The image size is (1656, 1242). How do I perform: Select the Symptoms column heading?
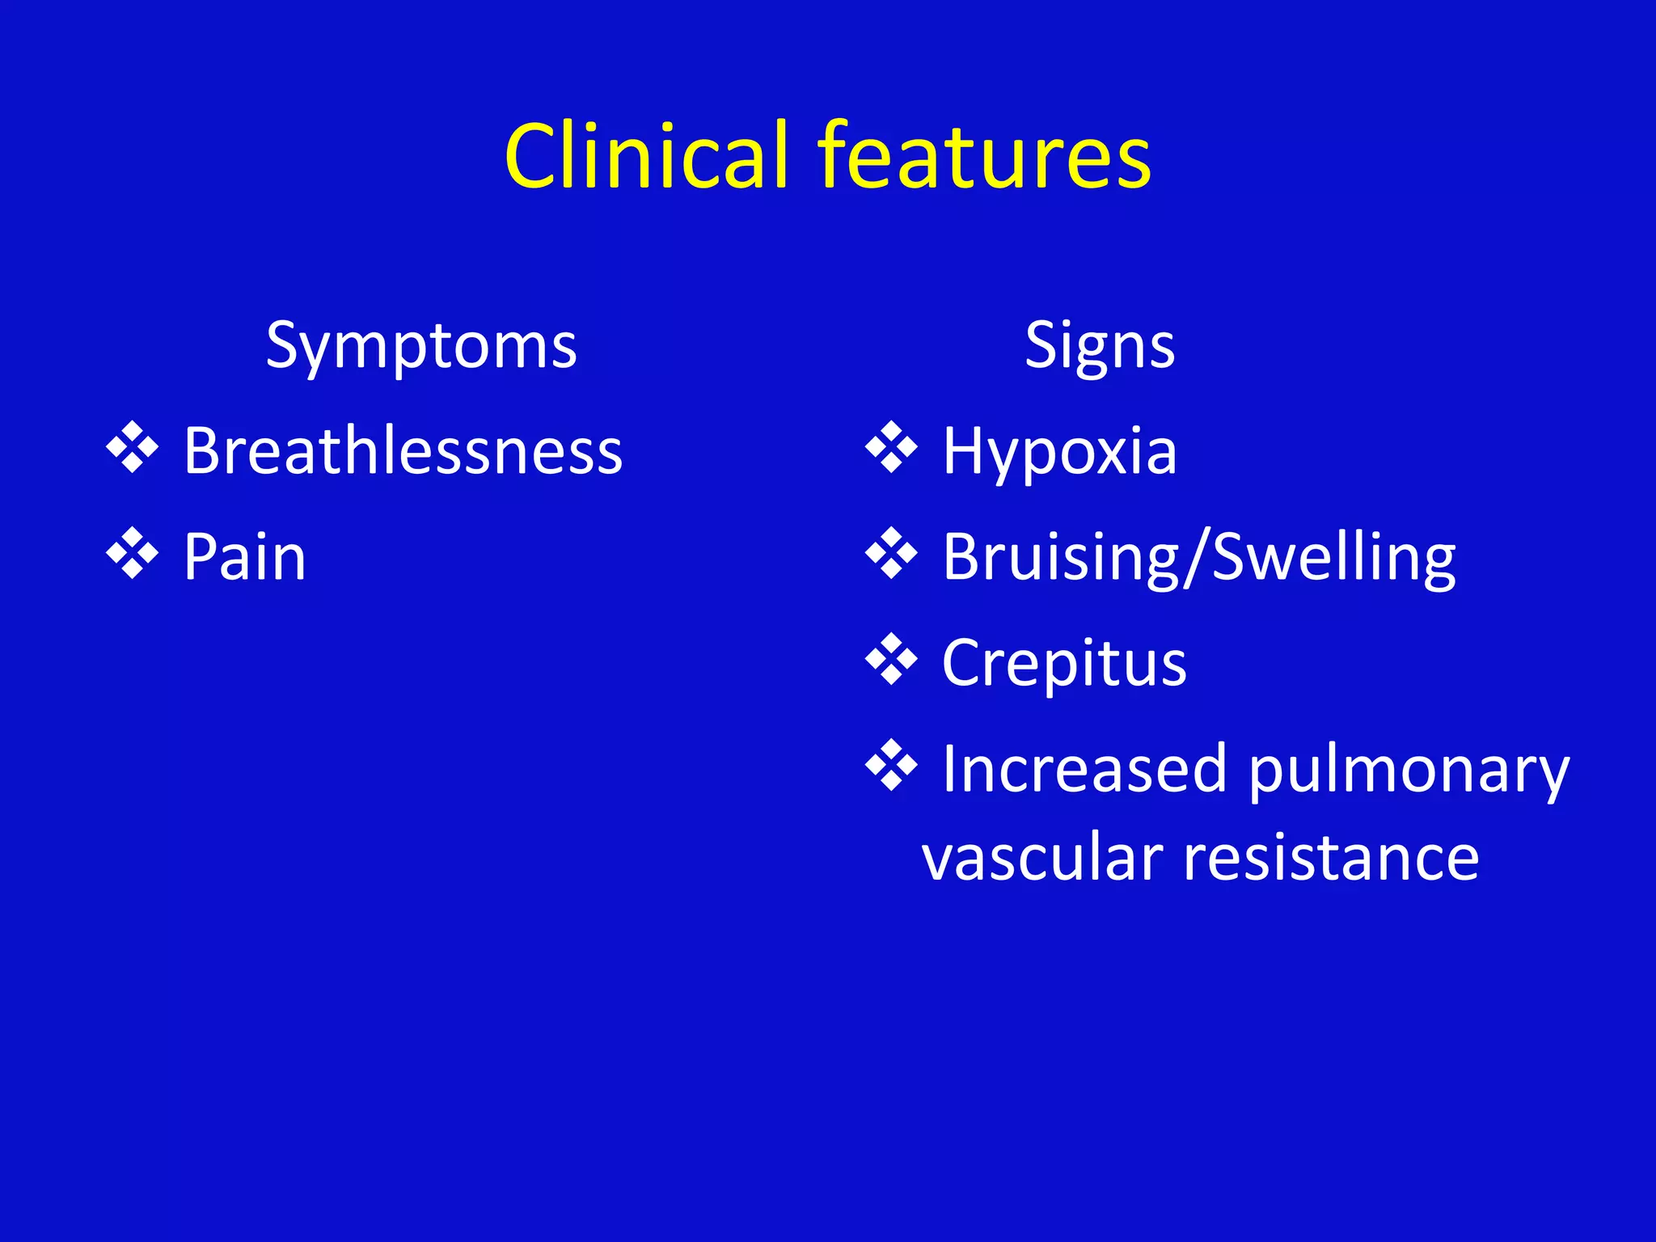(x=421, y=346)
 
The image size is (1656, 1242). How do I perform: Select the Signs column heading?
(x=1100, y=346)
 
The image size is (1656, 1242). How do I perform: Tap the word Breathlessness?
(x=403, y=451)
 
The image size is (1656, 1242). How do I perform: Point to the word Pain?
(x=245, y=557)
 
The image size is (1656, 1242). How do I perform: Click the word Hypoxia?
(x=1059, y=451)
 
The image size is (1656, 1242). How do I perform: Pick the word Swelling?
(x=1334, y=557)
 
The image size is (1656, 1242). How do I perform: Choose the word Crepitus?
(x=1064, y=663)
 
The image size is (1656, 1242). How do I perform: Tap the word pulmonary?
(x=1409, y=769)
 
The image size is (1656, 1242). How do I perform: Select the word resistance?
(x=1332, y=858)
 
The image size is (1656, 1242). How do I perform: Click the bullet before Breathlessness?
(x=132, y=447)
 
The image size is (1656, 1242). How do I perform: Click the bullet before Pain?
(x=132, y=553)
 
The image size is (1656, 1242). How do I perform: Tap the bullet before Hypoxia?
(x=891, y=447)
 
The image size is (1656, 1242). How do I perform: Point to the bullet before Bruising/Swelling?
(x=891, y=553)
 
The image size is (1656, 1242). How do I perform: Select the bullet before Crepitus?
(x=891, y=659)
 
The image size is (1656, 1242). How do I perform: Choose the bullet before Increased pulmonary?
(x=891, y=765)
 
